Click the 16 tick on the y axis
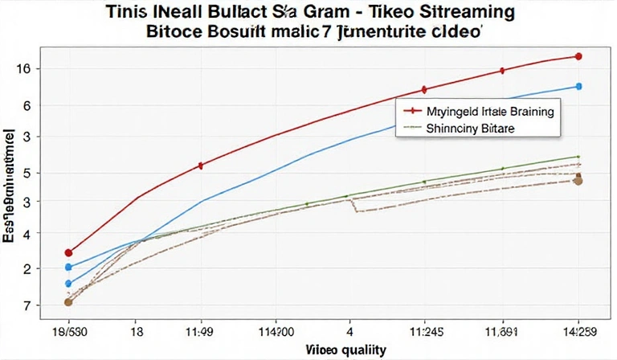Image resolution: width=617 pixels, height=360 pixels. coord(23,70)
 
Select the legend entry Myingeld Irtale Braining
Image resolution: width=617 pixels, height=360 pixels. coord(493,113)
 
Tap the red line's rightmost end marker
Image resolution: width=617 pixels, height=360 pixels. coord(579,56)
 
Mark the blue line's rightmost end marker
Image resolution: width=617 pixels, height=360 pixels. coord(579,86)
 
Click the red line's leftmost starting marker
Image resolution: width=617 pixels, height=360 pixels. coord(68,252)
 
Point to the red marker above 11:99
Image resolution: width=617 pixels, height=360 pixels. coord(200,166)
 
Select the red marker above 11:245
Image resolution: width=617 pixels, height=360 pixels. coord(424,89)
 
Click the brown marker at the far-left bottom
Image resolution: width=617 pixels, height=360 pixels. coord(68,302)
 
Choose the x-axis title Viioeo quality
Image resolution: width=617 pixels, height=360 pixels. coord(346,350)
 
